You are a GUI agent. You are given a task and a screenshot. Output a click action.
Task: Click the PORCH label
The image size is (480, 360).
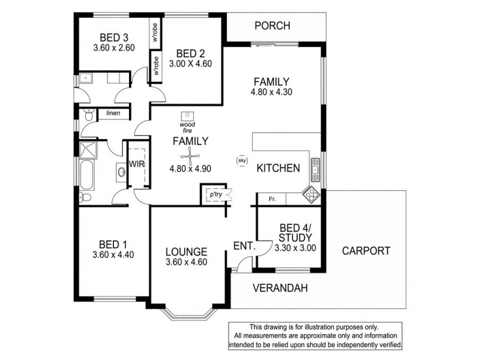[272, 26]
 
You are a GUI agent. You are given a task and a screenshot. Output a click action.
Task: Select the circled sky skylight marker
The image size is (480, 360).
[242, 161]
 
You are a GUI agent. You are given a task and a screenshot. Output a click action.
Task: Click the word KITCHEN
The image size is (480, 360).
[278, 169]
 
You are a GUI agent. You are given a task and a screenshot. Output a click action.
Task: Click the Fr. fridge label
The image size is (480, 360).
[272, 198]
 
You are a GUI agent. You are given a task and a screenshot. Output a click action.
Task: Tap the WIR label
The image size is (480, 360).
[135, 164]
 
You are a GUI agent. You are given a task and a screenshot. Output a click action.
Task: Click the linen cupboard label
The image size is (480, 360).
[113, 113]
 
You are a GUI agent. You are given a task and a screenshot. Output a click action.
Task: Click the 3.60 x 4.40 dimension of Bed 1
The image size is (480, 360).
[113, 254]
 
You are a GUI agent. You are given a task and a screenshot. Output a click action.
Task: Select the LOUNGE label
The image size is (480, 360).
[188, 251]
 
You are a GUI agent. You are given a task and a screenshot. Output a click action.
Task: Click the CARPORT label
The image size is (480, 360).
[366, 251]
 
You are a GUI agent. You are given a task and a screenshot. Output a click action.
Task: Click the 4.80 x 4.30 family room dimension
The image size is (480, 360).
[271, 92]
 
